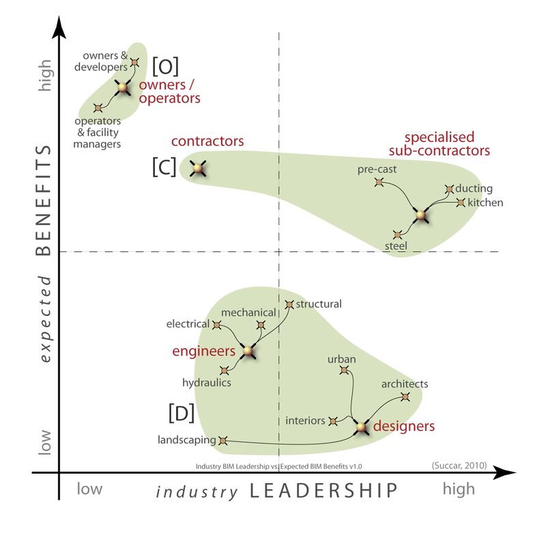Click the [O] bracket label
point(165,66)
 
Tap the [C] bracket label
point(164,168)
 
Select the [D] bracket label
point(181,413)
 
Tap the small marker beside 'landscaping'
point(222,441)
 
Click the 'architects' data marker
point(405,397)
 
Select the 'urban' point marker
point(344,371)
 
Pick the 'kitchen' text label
point(486,203)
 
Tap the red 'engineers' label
point(203,351)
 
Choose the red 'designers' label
point(403,427)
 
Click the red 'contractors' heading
point(207,141)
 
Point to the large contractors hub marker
point(198,168)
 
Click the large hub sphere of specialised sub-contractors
point(421,216)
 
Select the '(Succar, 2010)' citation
point(459,465)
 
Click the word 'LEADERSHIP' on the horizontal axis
point(323,491)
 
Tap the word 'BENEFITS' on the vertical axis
point(43,199)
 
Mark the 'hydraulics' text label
point(207,383)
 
